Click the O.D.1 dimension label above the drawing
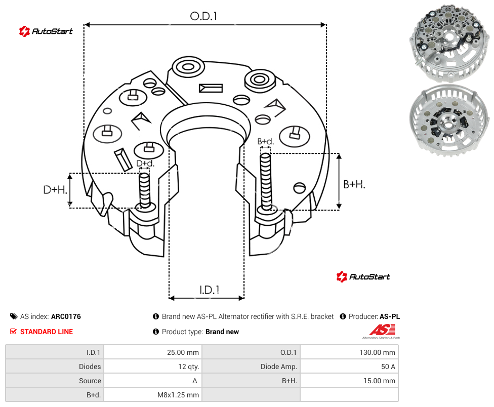(x=203, y=16)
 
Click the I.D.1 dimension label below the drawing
(x=210, y=290)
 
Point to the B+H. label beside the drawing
(x=354, y=184)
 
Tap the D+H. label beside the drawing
(x=55, y=190)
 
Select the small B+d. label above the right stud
(x=266, y=141)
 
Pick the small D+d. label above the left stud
(x=145, y=164)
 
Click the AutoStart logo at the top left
(x=46, y=31)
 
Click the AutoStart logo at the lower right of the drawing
(x=363, y=276)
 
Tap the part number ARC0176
(x=66, y=316)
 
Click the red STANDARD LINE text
(x=47, y=332)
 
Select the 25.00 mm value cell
(x=153, y=352)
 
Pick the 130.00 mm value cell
(x=349, y=352)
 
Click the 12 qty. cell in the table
(x=153, y=367)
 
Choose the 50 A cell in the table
(x=349, y=367)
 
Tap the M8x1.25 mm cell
(x=153, y=395)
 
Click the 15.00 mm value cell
(x=349, y=381)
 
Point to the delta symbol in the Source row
(x=195, y=381)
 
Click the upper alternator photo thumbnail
(x=449, y=43)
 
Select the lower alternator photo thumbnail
(x=449, y=120)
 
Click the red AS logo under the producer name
(x=382, y=330)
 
